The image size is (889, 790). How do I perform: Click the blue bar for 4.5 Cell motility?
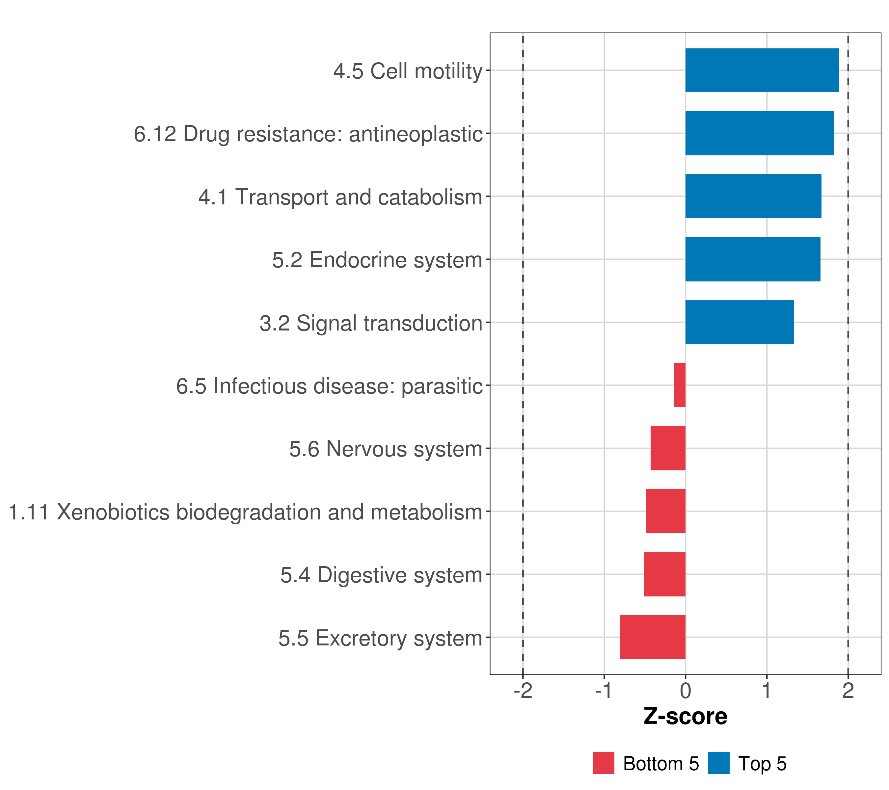coord(762,70)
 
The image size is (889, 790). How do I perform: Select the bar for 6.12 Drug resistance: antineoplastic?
coord(759,134)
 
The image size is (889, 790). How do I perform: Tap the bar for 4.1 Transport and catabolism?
coord(753,197)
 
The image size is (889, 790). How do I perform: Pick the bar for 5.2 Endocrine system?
coord(753,260)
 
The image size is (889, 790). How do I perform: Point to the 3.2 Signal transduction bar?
coord(740,322)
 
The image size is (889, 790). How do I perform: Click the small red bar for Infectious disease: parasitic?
coord(679,385)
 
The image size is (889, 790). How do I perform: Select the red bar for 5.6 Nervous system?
coord(668,448)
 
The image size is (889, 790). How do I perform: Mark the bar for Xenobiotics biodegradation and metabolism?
coord(666,511)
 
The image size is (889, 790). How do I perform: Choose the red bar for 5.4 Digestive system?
coord(664,574)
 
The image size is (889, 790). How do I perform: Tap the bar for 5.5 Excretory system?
coord(653,637)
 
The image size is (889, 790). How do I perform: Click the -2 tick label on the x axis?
coord(523,691)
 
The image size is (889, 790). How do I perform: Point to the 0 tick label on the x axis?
coord(686,691)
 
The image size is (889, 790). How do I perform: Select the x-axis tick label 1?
coord(767,691)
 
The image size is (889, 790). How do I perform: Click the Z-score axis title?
coord(686,717)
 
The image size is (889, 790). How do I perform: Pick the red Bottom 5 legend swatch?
coord(603,763)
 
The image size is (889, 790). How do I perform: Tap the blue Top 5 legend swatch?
coord(718,763)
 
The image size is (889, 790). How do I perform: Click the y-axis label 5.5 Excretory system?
coord(381,638)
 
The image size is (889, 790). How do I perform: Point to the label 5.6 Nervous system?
coord(386,449)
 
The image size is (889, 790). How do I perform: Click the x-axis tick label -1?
coord(604,691)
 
